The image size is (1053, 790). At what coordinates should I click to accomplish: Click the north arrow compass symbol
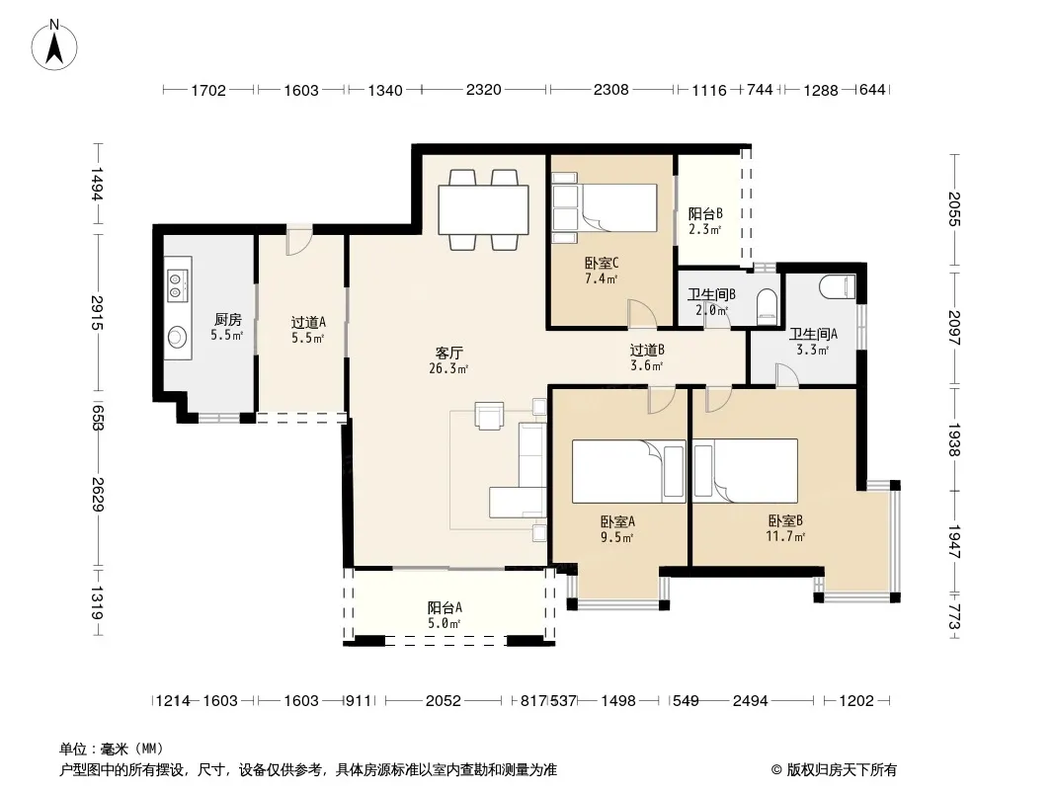(x=54, y=45)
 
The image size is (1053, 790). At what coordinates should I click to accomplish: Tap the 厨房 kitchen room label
(x=227, y=320)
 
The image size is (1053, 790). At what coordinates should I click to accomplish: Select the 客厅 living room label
(x=449, y=353)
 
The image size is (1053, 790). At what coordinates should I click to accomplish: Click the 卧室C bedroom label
(x=602, y=263)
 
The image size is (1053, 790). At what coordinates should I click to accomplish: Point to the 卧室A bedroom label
(x=617, y=521)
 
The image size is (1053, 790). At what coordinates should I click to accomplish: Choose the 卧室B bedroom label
(x=785, y=520)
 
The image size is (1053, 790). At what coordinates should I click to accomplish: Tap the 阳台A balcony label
(x=445, y=607)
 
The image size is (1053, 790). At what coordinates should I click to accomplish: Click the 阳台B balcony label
(x=705, y=214)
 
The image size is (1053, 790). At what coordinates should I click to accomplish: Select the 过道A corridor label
(x=308, y=322)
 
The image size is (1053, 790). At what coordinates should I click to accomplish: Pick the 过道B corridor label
(x=647, y=350)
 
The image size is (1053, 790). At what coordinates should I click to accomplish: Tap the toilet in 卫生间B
(x=766, y=304)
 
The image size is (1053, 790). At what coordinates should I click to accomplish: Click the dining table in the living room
(x=483, y=209)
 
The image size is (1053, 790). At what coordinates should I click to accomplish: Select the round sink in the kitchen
(x=177, y=337)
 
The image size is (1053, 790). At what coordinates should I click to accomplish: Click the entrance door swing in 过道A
(x=299, y=240)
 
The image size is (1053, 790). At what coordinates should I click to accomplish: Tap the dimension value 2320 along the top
(x=483, y=89)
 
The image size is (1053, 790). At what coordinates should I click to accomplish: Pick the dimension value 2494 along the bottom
(x=750, y=701)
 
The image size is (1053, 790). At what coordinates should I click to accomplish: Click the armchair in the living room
(x=489, y=414)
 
